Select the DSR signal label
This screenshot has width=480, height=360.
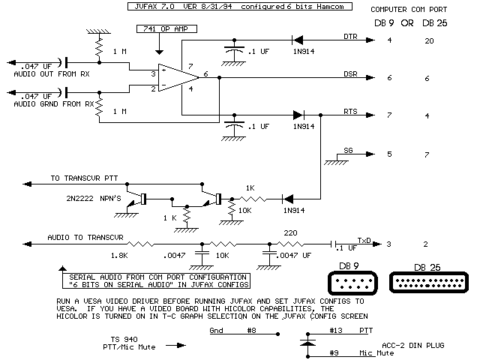coord(349,75)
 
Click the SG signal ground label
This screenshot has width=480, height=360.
coord(347,151)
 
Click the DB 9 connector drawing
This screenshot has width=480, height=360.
coord(352,283)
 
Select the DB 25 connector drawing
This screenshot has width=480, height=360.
coord(426,283)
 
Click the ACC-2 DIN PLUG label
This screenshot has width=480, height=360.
coord(409,344)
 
